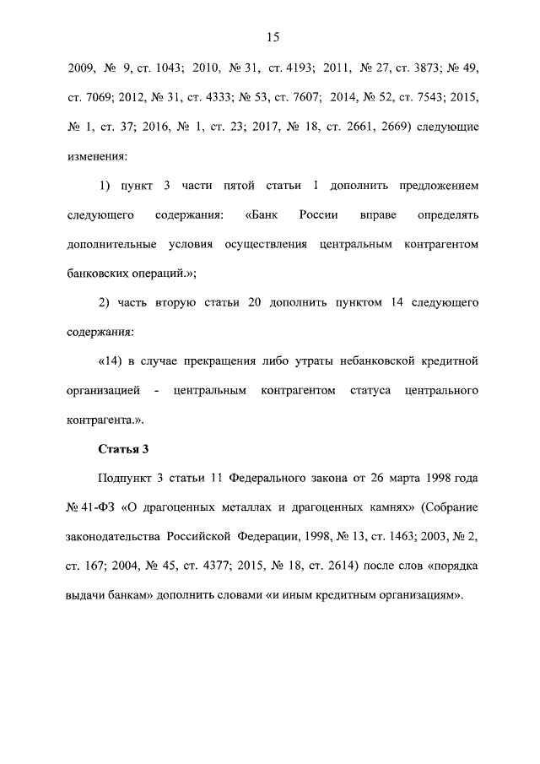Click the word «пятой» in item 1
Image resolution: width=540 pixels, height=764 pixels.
click(240, 186)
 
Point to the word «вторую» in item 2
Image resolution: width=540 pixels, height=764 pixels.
click(174, 302)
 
